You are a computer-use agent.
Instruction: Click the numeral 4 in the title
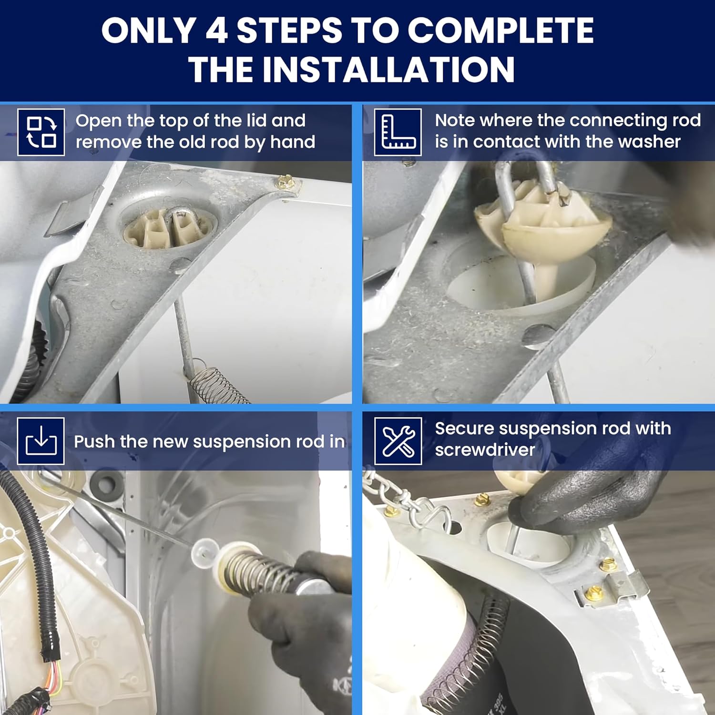click(216, 31)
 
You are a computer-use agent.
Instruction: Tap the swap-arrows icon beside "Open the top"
click(41, 132)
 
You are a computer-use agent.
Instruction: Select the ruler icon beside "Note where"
click(398, 132)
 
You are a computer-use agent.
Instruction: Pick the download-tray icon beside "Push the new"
click(41, 441)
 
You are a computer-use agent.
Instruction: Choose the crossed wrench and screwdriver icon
click(398, 441)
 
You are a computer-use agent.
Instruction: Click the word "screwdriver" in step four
click(485, 450)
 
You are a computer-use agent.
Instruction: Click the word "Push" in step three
click(94, 441)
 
